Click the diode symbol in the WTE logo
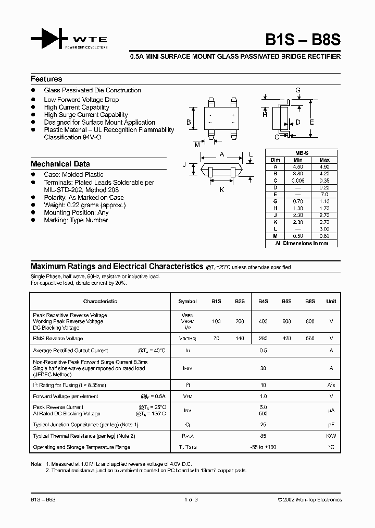point(49,39)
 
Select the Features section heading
point(46,79)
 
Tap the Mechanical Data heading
point(60,164)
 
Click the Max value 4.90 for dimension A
point(324,167)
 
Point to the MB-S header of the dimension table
point(302,153)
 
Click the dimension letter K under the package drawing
point(221,190)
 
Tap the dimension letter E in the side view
point(311,122)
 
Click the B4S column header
point(263,301)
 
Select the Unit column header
point(331,301)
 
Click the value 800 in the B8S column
point(310,321)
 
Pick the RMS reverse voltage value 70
point(216,339)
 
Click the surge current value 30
point(263,368)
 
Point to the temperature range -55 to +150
point(263,447)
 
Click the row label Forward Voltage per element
point(65,396)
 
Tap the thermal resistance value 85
point(263,436)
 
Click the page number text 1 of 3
point(191,500)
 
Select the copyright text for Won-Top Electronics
point(309,500)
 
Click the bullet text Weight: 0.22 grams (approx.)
point(84,205)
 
